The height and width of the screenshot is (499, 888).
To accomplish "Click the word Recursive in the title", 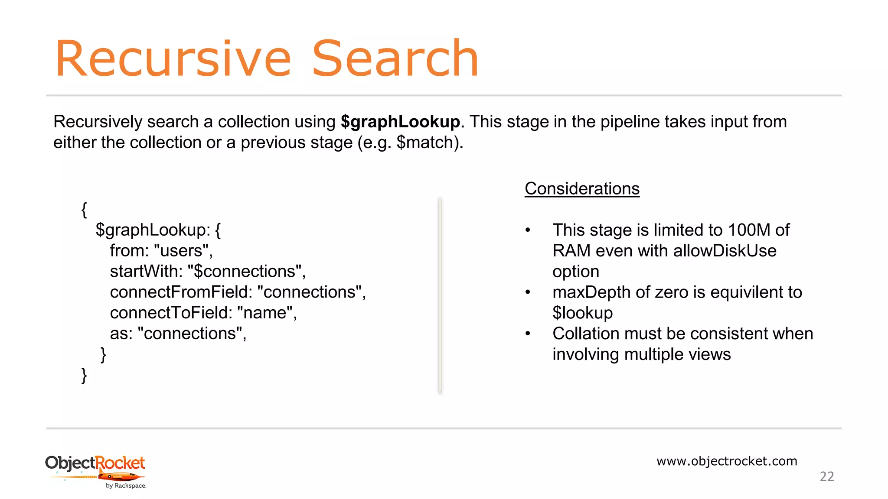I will click(173, 59).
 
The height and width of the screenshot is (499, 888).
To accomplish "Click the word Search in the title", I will click(395, 59).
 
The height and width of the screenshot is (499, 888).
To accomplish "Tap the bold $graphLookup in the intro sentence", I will click(400, 122).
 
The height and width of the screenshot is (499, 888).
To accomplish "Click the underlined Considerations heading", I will click(582, 189).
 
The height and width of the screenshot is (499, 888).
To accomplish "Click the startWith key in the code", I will click(146, 272).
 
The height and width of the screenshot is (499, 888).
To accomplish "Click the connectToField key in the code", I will click(171, 313).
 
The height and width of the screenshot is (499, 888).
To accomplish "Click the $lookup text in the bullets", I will click(582, 313).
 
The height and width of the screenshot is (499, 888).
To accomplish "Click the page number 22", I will click(827, 476).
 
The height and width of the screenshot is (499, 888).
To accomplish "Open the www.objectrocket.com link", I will click(727, 461).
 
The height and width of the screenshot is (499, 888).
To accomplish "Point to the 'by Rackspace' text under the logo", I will click(126, 486).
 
